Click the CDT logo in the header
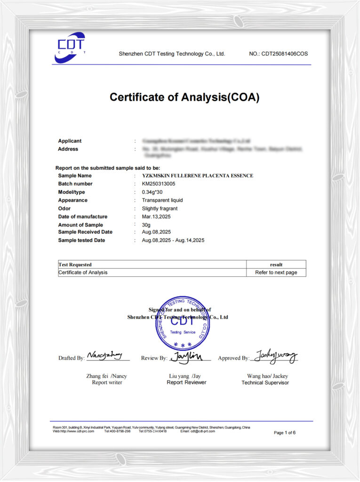click(x=70, y=47)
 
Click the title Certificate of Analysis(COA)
click(x=184, y=97)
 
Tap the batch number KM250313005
click(x=159, y=184)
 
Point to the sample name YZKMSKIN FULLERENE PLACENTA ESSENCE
click(x=197, y=176)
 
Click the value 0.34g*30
click(x=152, y=192)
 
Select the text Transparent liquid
click(x=162, y=200)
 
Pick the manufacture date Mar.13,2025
click(x=156, y=217)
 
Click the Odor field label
click(x=64, y=209)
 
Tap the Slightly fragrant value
click(x=160, y=209)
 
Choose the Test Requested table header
click(x=75, y=265)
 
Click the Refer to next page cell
click(x=276, y=273)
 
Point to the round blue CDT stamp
click(x=183, y=323)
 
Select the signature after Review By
click(x=187, y=357)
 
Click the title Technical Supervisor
click(x=265, y=383)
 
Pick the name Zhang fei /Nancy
click(x=106, y=376)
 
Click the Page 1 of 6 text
click(x=285, y=433)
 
